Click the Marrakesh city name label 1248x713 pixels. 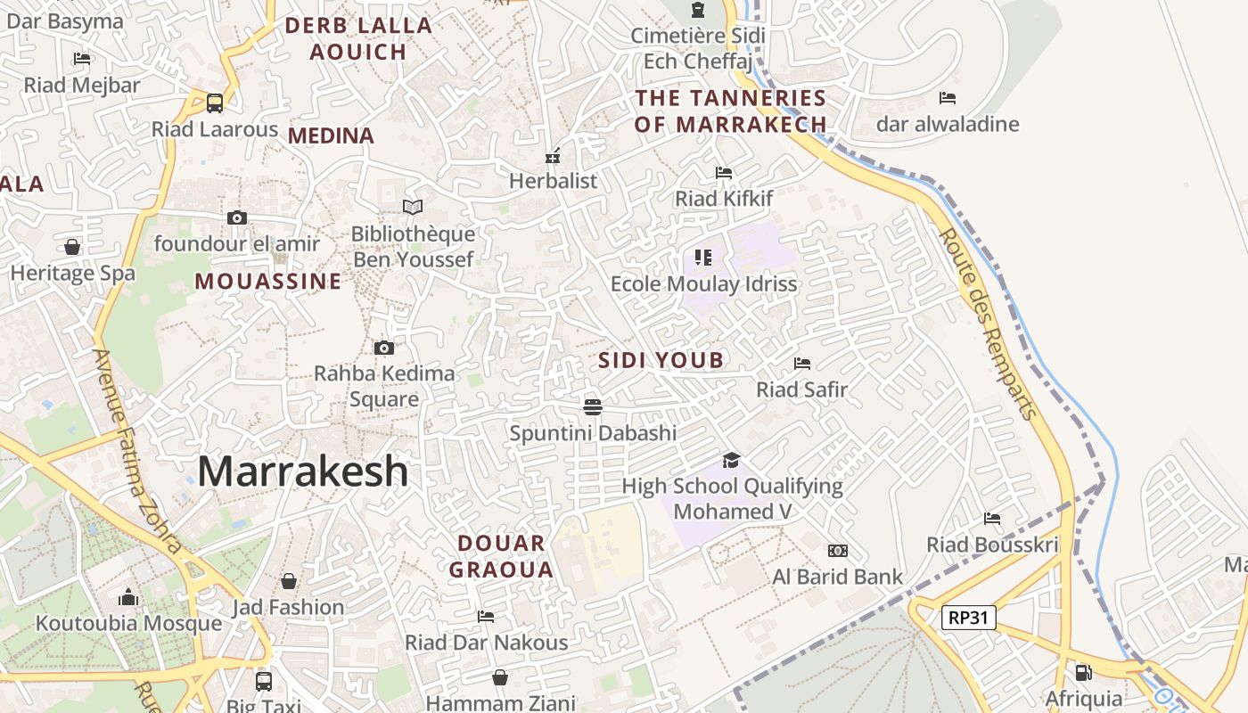click(303, 471)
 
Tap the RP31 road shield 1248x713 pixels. click(968, 617)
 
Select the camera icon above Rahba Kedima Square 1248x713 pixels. click(384, 348)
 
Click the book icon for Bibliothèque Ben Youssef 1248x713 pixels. click(413, 208)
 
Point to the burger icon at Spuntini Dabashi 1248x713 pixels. click(593, 407)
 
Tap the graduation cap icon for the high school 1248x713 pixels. click(732, 460)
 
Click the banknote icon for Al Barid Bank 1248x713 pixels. click(838, 551)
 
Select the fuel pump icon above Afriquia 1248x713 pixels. click(1084, 672)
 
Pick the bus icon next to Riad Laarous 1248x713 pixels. click(215, 102)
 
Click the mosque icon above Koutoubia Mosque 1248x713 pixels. click(128, 596)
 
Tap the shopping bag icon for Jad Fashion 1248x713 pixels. click(289, 581)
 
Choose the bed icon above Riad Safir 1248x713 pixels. click(802, 364)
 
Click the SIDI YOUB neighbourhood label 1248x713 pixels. click(661, 360)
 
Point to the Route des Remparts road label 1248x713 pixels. click(989, 324)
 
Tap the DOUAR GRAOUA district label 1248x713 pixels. click(500, 556)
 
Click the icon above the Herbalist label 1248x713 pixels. click(553, 156)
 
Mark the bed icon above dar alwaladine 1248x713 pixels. click(948, 97)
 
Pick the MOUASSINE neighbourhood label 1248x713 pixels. click(268, 282)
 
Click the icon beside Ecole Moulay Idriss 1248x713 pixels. click(703, 258)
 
